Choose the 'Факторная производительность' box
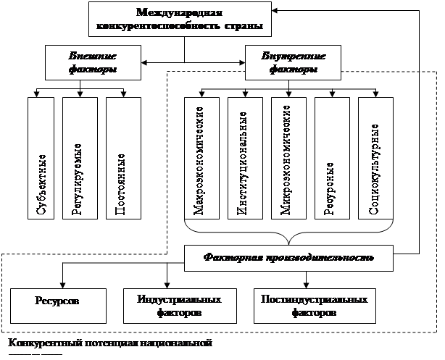(x=289, y=256)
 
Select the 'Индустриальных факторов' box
(x=172, y=305)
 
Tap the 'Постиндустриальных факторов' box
(x=309, y=305)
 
